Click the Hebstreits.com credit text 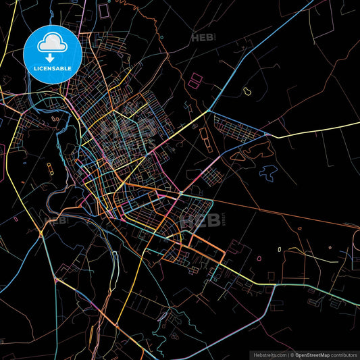pyautogui.click(x=267, y=354)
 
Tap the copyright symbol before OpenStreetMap pyautogui.click(x=292, y=354)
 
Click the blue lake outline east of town pyautogui.click(x=269, y=172)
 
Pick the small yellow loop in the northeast pyautogui.click(x=247, y=90)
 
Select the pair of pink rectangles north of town pyautogui.click(x=195, y=81)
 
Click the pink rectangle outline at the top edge pyautogui.click(x=104, y=10)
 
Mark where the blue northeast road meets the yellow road pyautogui.click(x=210, y=111)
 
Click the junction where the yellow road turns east pyautogui.click(x=268, y=135)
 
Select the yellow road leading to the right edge pyautogui.click(x=317, y=128)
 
